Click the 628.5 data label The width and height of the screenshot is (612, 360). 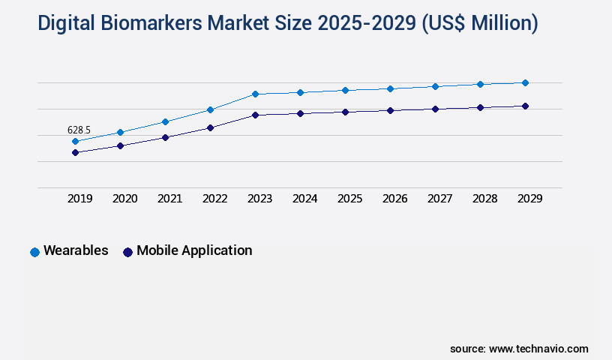click(79, 130)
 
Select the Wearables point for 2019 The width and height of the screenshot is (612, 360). click(75, 141)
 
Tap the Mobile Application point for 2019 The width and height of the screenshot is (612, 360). click(75, 152)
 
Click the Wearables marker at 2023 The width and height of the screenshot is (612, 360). click(255, 94)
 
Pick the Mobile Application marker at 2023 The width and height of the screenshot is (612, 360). click(255, 115)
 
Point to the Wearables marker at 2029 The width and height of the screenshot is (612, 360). click(525, 82)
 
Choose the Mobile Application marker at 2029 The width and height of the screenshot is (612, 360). click(525, 106)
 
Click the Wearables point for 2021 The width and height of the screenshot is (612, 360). click(165, 121)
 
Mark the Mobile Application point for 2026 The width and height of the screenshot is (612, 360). click(390, 110)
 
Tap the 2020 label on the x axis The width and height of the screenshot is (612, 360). click(124, 199)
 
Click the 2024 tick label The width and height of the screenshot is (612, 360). click(304, 199)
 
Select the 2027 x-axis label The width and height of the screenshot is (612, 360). click(439, 199)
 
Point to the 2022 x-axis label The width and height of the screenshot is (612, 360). click(214, 199)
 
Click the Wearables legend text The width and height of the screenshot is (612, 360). click(76, 250)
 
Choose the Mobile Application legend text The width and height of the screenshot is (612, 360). click(194, 250)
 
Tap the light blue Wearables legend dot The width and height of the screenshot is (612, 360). click(34, 252)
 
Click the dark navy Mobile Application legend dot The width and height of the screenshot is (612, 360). click(127, 252)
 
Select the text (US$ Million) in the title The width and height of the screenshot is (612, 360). click(480, 24)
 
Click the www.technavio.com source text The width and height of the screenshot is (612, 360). click(538, 349)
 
